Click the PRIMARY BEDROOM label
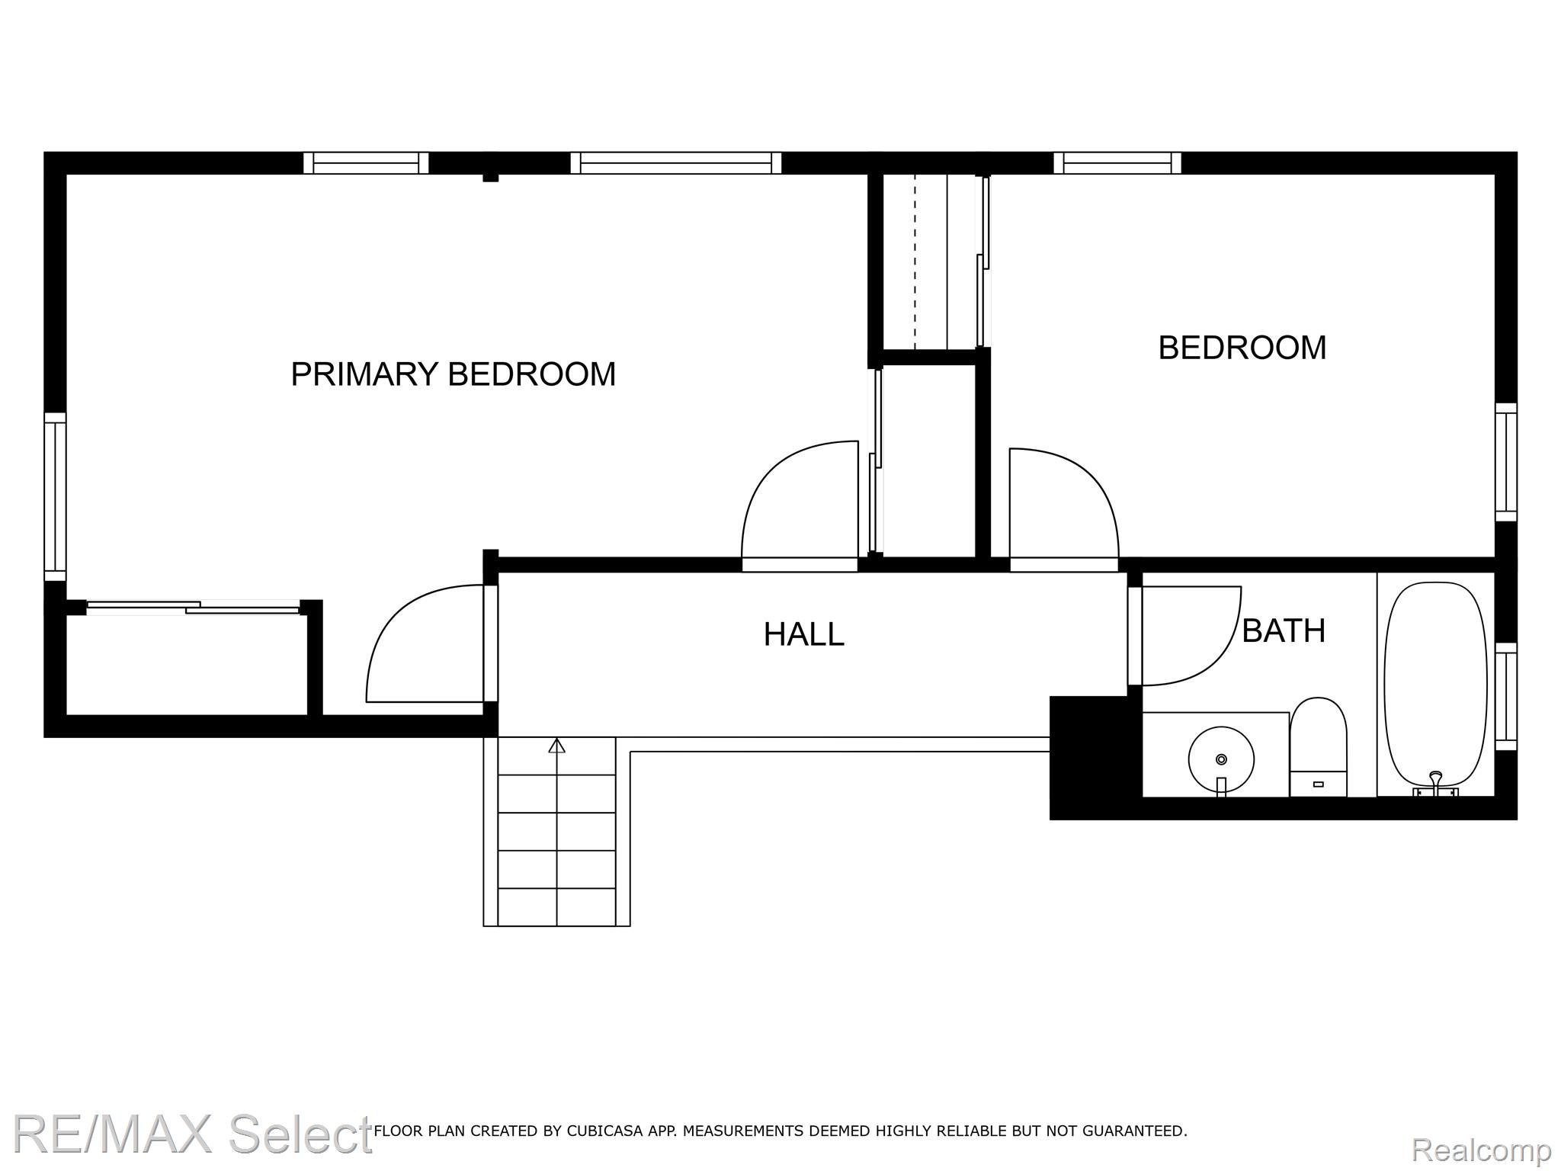[x=454, y=374]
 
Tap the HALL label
[x=804, y=634]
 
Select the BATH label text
[x=1284, y=630]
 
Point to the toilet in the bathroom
[x=1318, y=746]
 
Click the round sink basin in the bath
[x=1221, y=759]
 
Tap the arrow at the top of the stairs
[x=557, y=746]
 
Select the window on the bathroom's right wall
[x=1505, y=696]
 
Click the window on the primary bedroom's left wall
[x=55, y=496]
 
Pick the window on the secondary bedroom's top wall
[x=1117, y=163]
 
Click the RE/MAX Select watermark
[x=192, y=1135]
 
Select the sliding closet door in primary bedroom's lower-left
[x=194, y=607]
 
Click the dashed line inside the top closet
[x=915, y=261]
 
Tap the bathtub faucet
[x=1436, y=784]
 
